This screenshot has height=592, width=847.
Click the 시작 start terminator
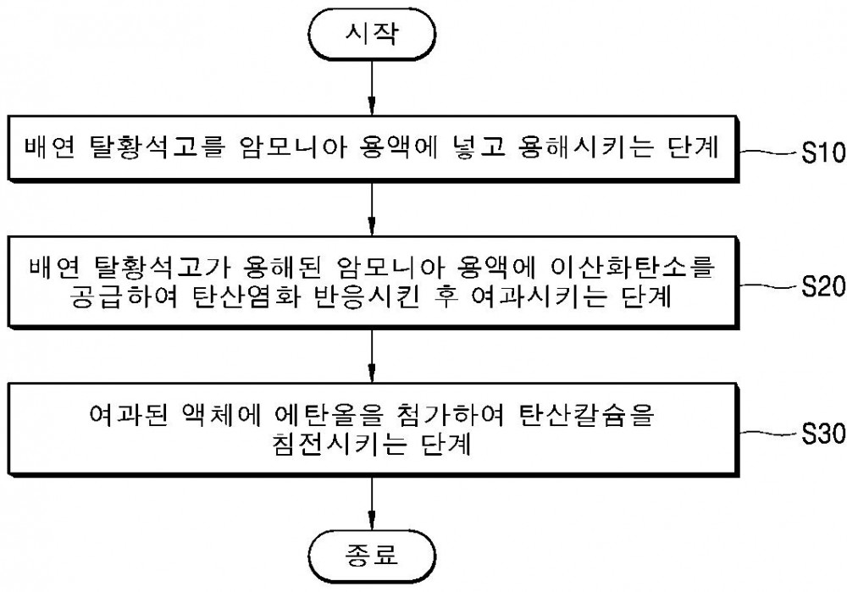[x=372, y=34]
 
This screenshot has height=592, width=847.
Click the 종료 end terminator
[x=372, y=556]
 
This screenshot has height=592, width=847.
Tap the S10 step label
[x=822, y=152]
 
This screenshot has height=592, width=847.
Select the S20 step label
[x=822, y=286]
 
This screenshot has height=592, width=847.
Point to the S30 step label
[x=822, y=434]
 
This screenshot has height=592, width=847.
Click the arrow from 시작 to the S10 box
[x=372, y=87]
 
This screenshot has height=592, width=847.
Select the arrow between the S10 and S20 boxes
[x=372, y=209]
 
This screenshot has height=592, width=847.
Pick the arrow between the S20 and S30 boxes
[x=372, y=356]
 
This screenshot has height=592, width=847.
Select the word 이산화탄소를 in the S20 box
[x=632, y=266]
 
